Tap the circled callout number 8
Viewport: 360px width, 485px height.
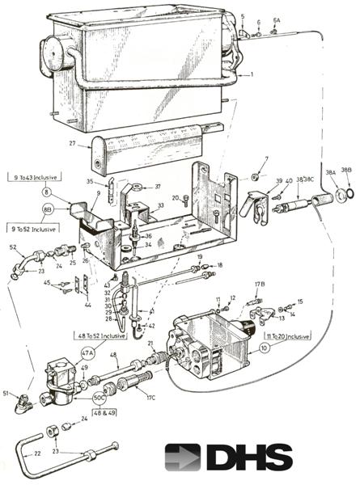pyautogui.click(x=47, y=192)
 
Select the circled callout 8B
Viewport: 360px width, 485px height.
pyautogui.click(x=47, y=209)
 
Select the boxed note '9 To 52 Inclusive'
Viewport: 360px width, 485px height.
pyautogui.click(x=32, y=226)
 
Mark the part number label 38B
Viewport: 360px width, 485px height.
pyautogui.click(x=347, y=171)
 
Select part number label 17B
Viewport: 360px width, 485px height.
pyautogui.click(x=260, y=285)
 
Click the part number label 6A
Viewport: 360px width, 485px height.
pyautogui.click(x=276, y=20)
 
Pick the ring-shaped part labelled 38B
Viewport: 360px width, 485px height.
pyautogui.click(x=348, y=194)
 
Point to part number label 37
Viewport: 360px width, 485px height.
pyautogui.click(x=158, y=187)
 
